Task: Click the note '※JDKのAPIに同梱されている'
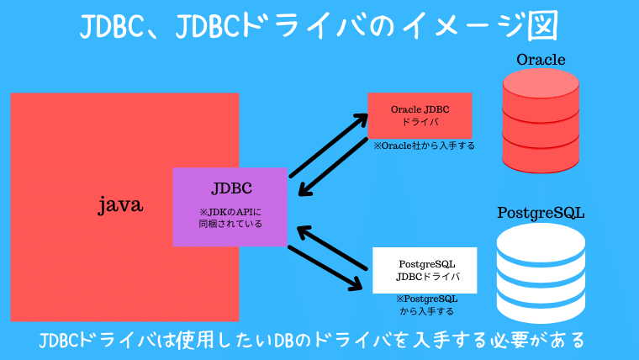230,218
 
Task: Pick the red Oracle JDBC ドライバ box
420,115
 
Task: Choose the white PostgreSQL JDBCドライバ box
425,270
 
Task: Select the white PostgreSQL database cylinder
541,269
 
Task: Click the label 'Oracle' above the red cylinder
541,60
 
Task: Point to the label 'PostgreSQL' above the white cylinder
541,212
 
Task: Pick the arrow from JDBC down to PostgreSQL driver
324,269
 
